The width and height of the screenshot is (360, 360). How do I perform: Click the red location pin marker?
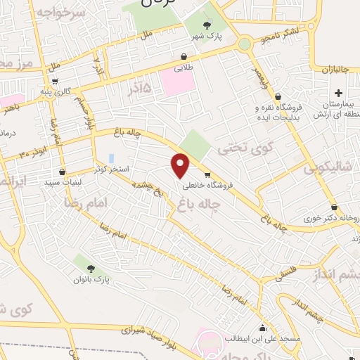click(181, 166)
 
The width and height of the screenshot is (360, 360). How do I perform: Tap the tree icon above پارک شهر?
click(204, 25)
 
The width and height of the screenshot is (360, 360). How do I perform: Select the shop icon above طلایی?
click(184, 57)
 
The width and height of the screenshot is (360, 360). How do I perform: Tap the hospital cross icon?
click(338, 93)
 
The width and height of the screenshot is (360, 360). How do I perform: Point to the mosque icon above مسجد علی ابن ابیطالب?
click(263, 328)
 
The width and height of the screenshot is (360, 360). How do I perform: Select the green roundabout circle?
click(245, 44)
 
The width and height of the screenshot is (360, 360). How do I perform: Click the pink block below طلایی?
click(175, 82)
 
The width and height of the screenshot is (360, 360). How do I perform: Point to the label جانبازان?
click(341, 70)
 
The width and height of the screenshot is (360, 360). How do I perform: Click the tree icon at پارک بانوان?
click(91, 267)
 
